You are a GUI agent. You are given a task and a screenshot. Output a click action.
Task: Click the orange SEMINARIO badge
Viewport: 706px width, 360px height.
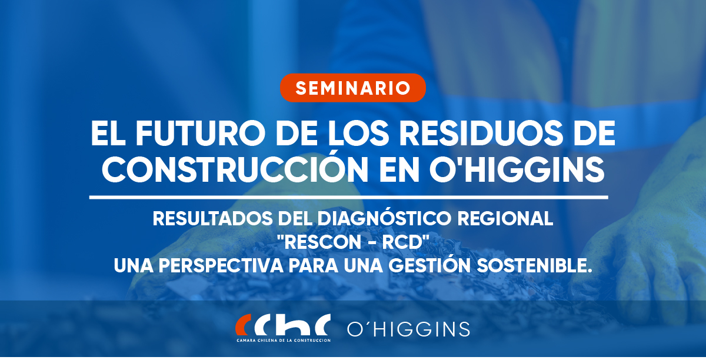353,88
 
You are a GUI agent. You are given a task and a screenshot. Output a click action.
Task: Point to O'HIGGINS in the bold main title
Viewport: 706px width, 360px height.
517,169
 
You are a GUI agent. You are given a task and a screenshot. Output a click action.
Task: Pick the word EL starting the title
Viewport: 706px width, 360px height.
108,133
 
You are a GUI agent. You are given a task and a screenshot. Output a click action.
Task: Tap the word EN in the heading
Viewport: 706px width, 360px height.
399,169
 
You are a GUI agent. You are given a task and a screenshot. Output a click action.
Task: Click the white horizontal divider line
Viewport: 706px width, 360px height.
348,197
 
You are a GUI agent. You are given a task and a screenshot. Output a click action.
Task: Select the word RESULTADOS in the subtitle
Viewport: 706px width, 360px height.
213,219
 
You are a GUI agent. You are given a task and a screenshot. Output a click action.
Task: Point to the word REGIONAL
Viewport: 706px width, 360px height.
505,219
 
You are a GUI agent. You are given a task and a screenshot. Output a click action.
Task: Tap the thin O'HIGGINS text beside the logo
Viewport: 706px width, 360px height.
408,329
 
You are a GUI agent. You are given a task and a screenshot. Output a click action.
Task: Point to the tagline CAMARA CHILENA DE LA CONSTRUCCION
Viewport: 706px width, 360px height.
284,341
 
